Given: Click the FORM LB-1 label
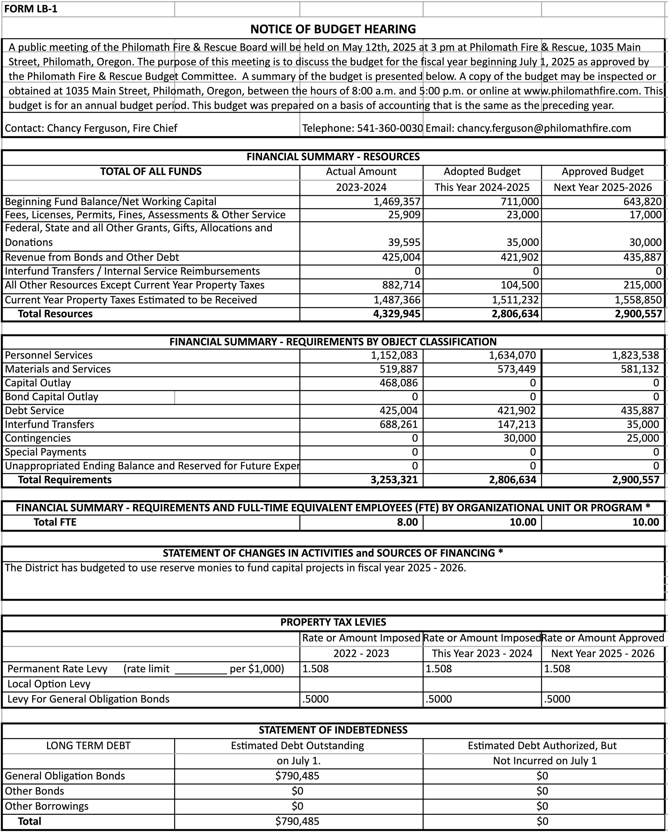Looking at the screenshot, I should pos(31,9).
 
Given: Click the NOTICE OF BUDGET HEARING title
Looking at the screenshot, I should pos(333,29).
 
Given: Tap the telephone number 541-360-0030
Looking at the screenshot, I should pos(390,128).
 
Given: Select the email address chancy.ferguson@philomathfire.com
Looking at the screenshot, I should pos(544,128).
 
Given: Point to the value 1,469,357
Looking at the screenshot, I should pos(397,202).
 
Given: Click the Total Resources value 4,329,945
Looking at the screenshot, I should pos(397,314).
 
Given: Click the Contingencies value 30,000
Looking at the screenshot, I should pos(519,438).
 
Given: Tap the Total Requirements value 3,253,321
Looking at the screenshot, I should pos(394,480).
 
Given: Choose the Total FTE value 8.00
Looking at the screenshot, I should pos(407,522).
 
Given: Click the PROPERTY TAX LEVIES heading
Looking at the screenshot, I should pos(333,622).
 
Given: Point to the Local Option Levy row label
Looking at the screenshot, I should pos(49,684).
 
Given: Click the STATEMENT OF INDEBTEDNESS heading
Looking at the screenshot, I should pos(333,730).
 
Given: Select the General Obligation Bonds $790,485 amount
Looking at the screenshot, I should pos(297,776).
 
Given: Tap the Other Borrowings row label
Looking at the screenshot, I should pos(46,806).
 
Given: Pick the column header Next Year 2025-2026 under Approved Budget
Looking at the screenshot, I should pos(602,187).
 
